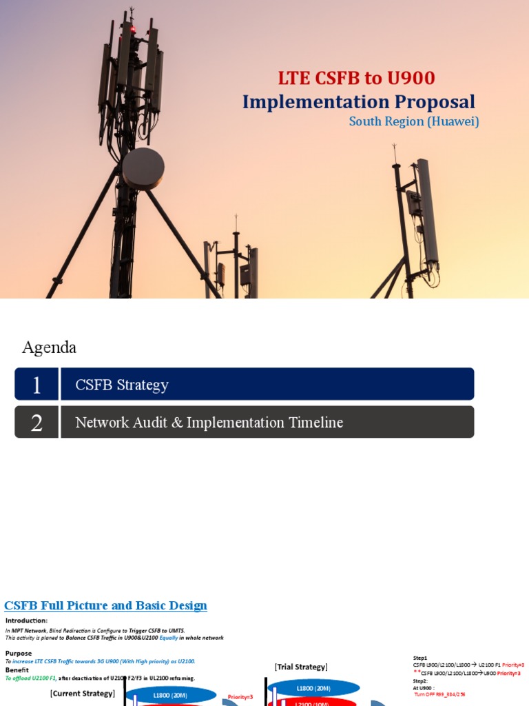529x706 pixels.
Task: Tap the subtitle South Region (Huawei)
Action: click(x=413, y=121)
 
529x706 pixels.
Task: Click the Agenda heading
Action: click(x=49, y=347)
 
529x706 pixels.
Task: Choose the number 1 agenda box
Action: click(x=37, y=385)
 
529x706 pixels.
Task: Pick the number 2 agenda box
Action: click(x=37, y=422)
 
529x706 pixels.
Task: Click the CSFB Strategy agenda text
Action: click(x=122, y=385)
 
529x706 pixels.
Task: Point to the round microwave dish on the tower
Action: click(x=143, y=168)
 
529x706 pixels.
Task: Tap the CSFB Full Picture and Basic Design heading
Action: click(x=105, y=605)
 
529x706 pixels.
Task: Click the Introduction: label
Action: click(x=26, y=621)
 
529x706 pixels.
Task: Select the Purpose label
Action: click(x=19, y=653)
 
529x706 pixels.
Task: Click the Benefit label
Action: click(x=17, y=669)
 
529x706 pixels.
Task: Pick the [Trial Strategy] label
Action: click(x=301, y=667)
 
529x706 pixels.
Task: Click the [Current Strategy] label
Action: click(x=82, y=693)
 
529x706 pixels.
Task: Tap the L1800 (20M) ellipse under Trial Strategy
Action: click(x=313, y=688)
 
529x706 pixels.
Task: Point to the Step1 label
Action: click(x=420, y=658)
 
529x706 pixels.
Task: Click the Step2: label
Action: click(x=421, y=680)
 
